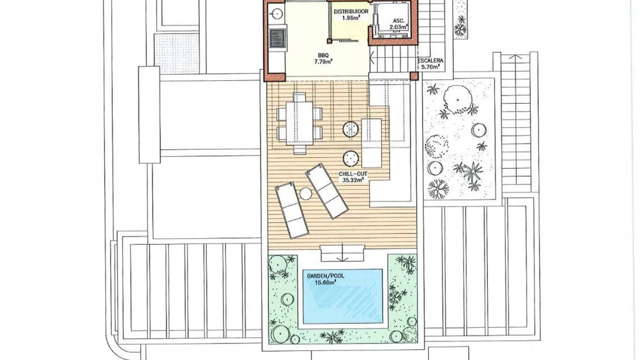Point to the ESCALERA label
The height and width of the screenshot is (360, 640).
pyautogui.click(x=430, y=61)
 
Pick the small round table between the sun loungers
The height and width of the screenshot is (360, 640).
pyautogui.click(x=305, y=194)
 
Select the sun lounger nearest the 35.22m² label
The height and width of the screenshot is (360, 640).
pyautogui.click(x=327, y=191)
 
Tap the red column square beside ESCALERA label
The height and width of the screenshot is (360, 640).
pyautogui.click(x=414, y=76)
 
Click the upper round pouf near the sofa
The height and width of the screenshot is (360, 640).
pyautogui.click(x=351, y=129)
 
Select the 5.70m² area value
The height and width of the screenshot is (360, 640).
pyautogui.click(x=430, y=67)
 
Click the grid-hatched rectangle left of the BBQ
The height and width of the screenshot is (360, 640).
pyautogui.click(x=176, y=53)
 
